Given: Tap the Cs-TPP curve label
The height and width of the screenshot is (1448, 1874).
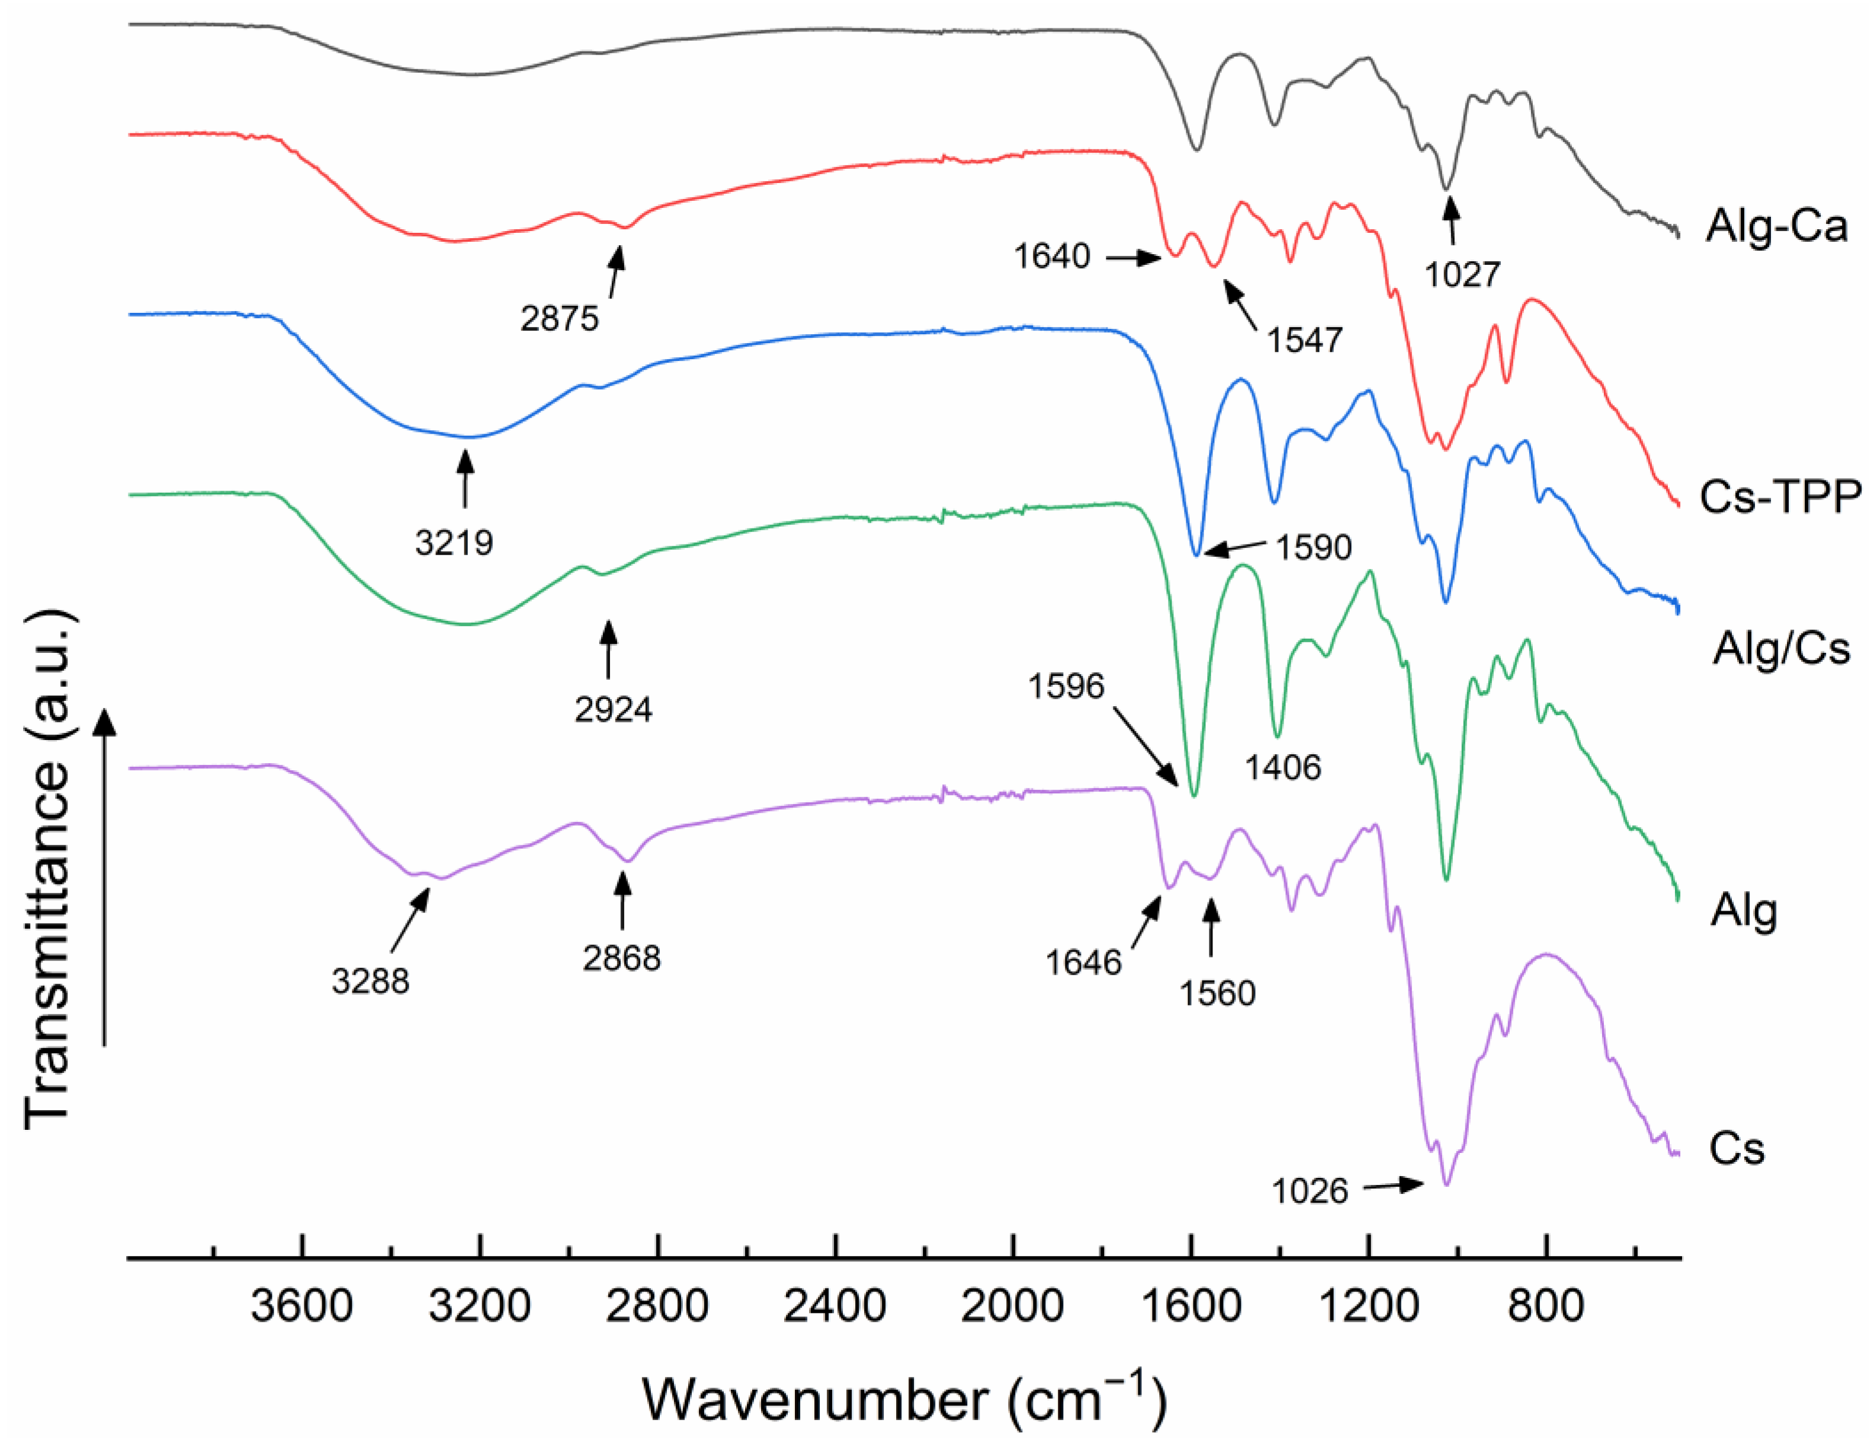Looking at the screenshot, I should click(x=1780, y=497).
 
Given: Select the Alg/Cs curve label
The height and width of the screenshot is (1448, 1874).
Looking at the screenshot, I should click(x=1782, y=648).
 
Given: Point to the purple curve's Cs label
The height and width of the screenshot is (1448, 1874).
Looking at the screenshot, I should click(x=1736, y=1149).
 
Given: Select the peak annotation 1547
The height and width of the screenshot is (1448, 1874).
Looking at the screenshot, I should click(x=1304, y=341).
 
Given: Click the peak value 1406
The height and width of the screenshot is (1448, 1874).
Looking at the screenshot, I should click(x=1283, y=767).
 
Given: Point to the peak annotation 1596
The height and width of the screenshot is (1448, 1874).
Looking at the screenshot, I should click(x=1067, y=687).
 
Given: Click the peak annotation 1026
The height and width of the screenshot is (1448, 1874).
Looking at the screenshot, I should click(x=1310, y=1191).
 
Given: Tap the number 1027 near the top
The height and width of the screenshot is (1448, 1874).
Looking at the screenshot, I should click(x=1462, y=275).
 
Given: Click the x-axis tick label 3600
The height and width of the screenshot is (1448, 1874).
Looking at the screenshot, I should click(x=302, y=1306).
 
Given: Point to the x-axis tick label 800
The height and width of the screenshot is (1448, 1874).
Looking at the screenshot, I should click(x=1546, y=1306).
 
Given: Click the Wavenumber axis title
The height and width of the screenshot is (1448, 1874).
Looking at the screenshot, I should click(x=904, y=1401).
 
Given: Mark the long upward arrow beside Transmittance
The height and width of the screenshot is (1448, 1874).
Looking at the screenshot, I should click(x=105, y=876).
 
